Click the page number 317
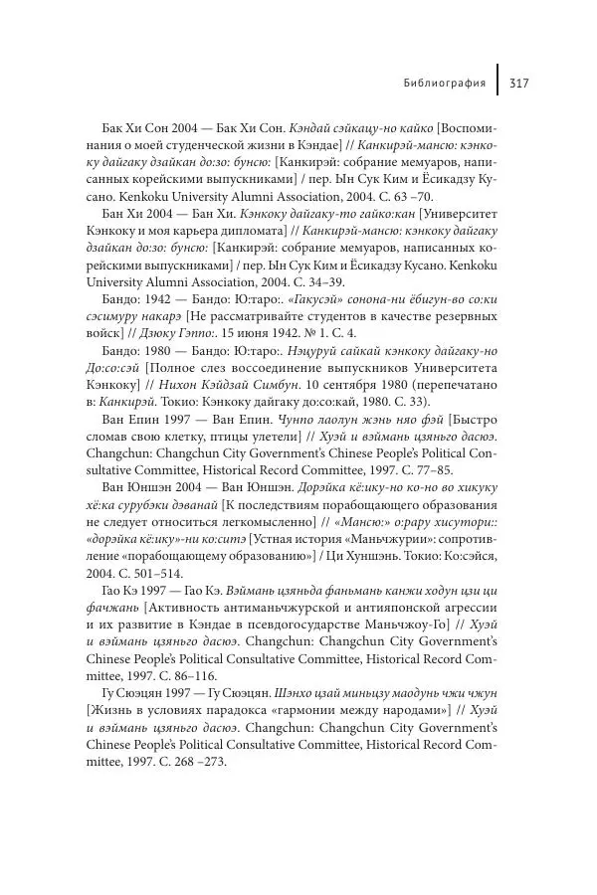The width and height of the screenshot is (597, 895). tap(517, 83)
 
